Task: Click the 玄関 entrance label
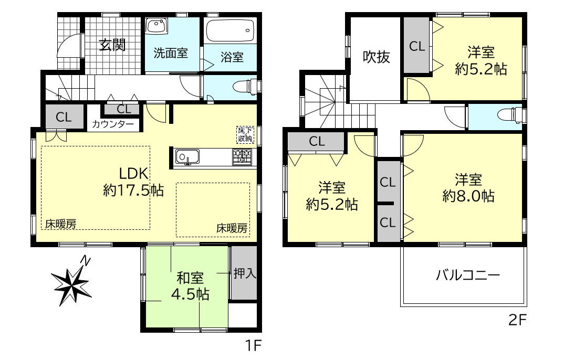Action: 112,46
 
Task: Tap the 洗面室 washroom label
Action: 171,53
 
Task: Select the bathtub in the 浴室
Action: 230,32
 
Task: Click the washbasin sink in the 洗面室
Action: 156,26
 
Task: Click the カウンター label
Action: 112,124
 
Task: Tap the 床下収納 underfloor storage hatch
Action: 244,134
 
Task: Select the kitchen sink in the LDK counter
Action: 187,157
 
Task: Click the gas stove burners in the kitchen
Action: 242,156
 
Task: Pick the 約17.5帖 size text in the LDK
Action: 133,190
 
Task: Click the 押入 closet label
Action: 244,273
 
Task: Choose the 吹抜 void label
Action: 377,57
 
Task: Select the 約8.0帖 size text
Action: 468,196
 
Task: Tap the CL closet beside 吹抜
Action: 417,46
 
